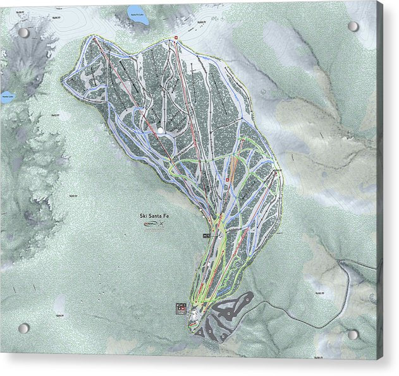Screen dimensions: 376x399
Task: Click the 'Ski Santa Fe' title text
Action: (155, 215)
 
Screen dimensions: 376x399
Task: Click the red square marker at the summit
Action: (176, 39)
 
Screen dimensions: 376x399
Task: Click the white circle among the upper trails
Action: (161, 130)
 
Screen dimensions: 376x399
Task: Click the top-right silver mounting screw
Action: (353, 27)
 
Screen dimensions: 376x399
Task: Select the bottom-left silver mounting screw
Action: (23, 328)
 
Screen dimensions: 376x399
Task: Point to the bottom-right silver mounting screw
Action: (353, 334)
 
